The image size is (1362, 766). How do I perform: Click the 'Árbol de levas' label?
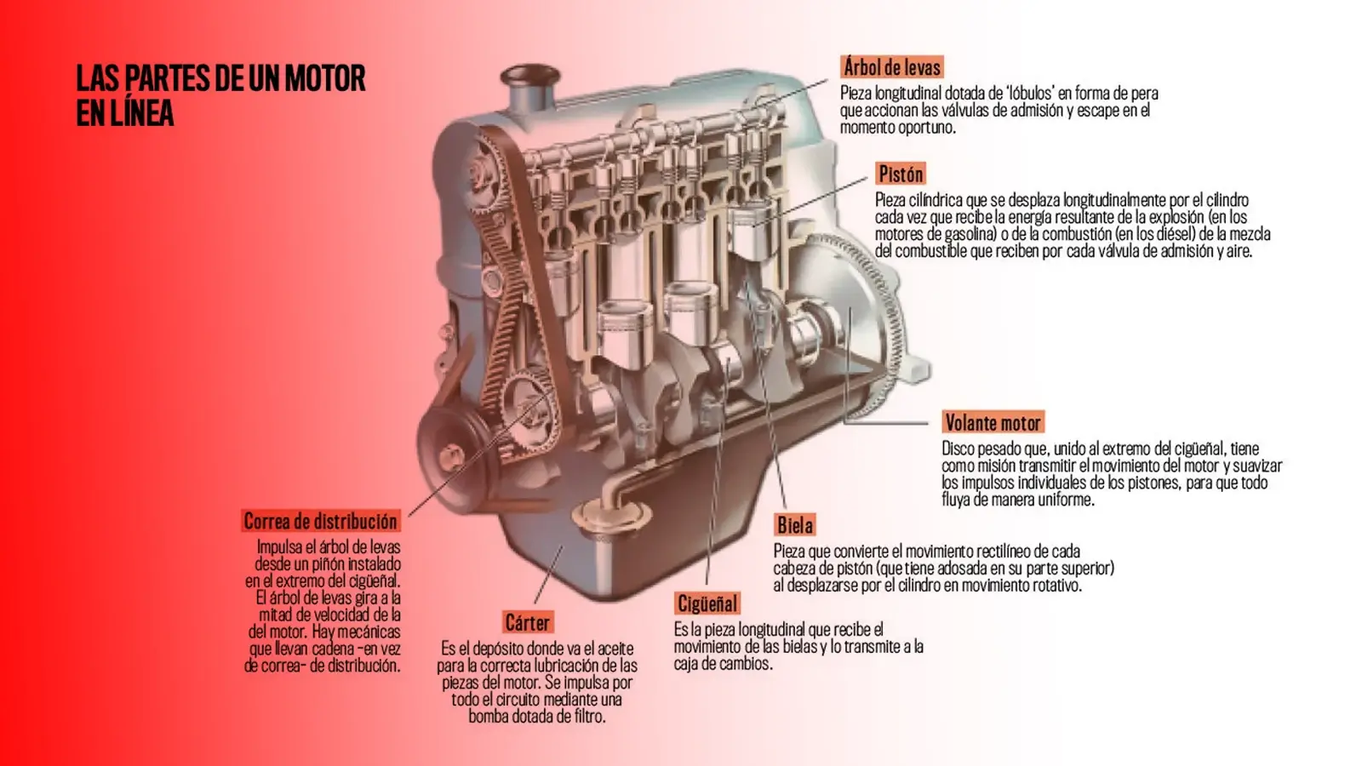click(x=891, y=67)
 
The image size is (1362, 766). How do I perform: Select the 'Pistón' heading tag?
click(x=901, y=174)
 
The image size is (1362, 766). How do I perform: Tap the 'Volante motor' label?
click(x=993, y=423)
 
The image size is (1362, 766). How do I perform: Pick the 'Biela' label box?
click(x=795, y=525)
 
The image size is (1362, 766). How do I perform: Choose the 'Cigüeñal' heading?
click(x=707, y=604)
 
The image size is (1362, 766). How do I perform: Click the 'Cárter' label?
click(x=528, y=623)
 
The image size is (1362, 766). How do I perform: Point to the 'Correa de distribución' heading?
click(x=320, y=521)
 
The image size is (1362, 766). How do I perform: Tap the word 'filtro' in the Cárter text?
click(x=583, y=717)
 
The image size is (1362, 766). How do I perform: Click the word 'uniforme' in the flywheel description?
click(x=1064, y=500)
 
